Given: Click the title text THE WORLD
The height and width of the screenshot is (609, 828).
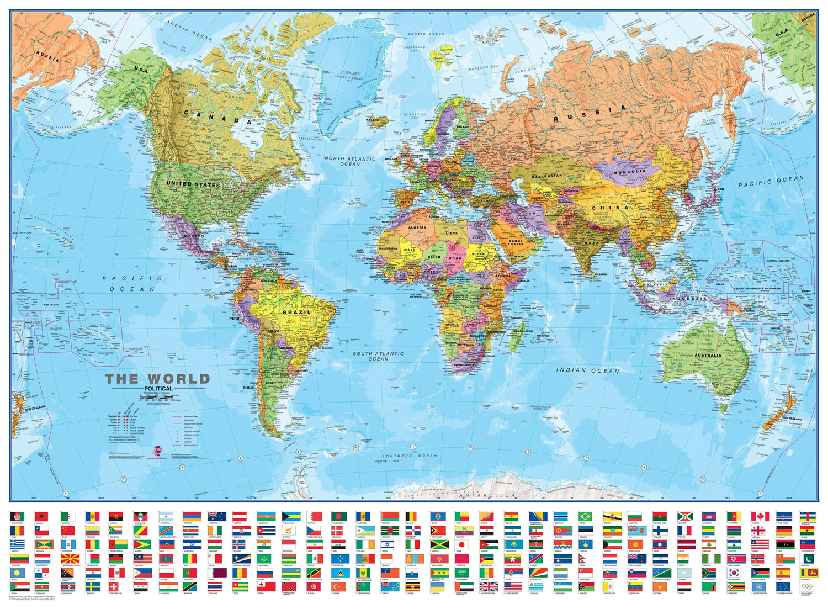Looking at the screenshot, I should pyautogui.click(x=158, y=379).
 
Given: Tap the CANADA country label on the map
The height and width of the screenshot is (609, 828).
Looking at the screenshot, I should pyautogui.click(x=217, y=116).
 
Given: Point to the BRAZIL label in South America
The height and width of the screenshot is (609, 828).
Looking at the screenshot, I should pyautogui.click(x=296, y=313).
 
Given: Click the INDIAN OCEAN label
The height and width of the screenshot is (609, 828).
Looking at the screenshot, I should pyautogui.click(x=587, y=370).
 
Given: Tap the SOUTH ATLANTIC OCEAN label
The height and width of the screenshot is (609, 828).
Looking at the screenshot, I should pyautogui.click(x=378, y=356).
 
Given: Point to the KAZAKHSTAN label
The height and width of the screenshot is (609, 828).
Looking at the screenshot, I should pyautogui.click(x=546, y=176).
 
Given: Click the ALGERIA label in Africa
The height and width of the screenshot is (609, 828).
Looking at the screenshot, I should pyautogui.click(x=417, y=227).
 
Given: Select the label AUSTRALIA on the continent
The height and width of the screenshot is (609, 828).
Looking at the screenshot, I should pyautogui.click(x=708, y=355).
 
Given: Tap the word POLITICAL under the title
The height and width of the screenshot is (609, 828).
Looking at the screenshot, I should pyautogui.click(x=158, y=389).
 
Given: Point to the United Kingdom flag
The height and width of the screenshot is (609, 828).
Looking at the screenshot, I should pyautogui.click(x=489, y=586).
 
